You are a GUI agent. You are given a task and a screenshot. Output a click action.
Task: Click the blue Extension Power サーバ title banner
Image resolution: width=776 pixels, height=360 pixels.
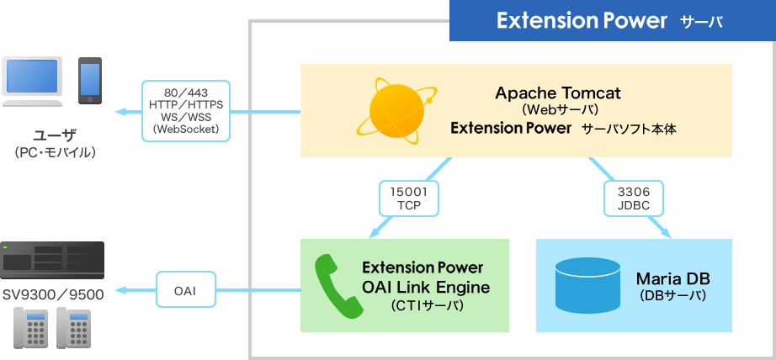pos(612,20)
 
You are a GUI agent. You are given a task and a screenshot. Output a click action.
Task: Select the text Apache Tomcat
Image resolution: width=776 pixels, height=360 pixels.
pos(557,93)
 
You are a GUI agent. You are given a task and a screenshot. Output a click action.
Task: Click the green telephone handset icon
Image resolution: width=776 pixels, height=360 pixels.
pos(338,287)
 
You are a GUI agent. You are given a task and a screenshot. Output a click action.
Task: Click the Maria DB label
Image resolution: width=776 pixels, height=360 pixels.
pos(672,278)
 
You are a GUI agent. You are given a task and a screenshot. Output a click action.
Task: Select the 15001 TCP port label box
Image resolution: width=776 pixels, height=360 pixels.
pos(408,198)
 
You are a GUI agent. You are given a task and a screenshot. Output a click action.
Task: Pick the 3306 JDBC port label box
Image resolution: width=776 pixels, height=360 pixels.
pos(627,198)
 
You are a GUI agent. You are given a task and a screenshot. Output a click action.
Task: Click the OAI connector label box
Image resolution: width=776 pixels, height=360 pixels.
pos(185,290)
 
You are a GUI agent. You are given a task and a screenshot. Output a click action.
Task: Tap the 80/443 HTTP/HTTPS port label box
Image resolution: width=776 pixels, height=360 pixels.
pos(185,111)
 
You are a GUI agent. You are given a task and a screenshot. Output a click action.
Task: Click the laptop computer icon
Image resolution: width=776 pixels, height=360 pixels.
pos(32,82)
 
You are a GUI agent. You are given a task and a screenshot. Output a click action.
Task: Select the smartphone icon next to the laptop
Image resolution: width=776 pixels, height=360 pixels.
pos(90,81)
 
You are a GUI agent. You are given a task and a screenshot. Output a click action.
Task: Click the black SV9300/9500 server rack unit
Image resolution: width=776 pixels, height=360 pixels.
pos(52,261)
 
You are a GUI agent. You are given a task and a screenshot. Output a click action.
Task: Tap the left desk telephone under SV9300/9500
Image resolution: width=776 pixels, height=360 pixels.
pos(30,327)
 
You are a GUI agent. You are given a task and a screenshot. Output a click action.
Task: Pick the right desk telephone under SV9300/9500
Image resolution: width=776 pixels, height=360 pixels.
pos(73,327)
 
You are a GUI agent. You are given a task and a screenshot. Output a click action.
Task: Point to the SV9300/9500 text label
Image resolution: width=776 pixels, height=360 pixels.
pos(52,294)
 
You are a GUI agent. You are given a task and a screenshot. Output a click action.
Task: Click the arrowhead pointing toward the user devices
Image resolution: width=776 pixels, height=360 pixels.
pos(121,111)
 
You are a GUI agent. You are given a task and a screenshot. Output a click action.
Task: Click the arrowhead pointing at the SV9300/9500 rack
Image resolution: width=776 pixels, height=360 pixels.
pos(121,290)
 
